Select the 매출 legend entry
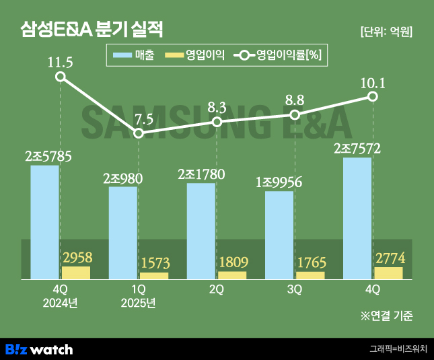tap(135, 56)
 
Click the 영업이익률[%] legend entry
tap(280, 56)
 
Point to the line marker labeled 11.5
tap(61, 77)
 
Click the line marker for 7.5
tap(139, 133)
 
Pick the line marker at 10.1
tap(373, 97)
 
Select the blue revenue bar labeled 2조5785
tap(44, 222)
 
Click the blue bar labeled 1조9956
tap(279, 235)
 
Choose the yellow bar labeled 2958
tap(76, 273)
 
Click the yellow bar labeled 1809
tap(232, 275)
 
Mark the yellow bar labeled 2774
tap(388, 273)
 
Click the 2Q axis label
tap(217, 289)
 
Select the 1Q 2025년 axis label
tap(139, 296)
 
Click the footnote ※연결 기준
tap(387, 315)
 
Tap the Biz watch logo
tap(39, 349)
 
